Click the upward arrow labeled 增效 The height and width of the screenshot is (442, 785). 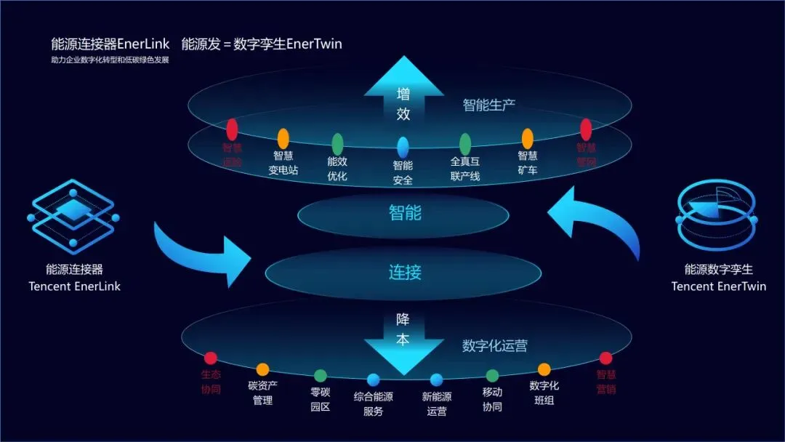403,102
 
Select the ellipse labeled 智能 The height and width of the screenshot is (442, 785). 404,214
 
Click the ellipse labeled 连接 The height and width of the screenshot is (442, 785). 404,273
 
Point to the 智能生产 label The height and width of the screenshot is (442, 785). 489,105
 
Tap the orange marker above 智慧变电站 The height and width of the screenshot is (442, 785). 283,138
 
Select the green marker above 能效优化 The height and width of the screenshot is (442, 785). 337,143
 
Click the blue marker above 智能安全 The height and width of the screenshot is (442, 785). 403,147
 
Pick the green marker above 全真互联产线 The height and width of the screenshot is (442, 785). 465,143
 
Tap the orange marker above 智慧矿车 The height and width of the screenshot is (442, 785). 528,138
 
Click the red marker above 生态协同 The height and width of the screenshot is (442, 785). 211,358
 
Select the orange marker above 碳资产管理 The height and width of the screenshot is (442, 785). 262,369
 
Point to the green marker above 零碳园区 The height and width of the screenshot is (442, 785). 321,376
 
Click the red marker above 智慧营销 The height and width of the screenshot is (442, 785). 605,358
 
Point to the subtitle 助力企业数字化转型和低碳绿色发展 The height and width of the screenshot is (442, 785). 110,60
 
